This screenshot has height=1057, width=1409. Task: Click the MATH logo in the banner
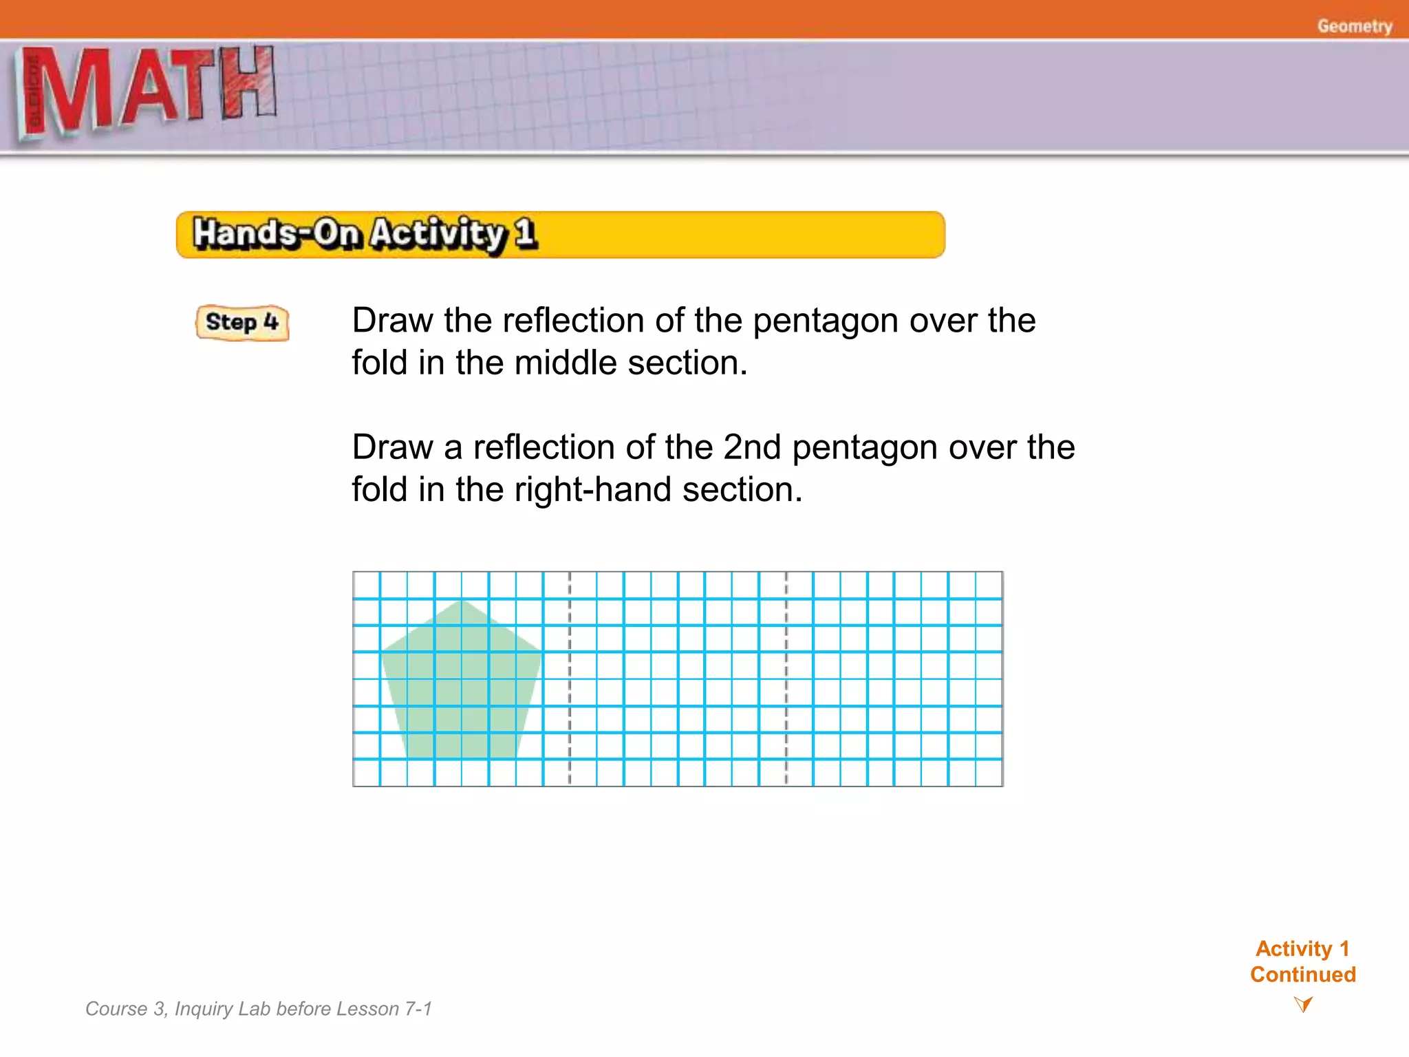click(148, 89)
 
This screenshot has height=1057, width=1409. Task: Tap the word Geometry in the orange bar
click(1354, 26)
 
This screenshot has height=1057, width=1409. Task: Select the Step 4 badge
click(242, 322)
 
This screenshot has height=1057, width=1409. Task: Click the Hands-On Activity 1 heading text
click(364, 234)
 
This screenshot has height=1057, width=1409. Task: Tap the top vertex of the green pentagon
click(461, 601)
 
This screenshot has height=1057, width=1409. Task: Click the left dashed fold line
click(570, 679)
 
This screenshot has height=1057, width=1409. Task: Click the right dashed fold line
click(786, 679)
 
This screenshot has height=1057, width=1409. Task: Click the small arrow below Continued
click(1302, 1004)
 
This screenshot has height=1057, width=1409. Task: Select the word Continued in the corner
click(1302, 974)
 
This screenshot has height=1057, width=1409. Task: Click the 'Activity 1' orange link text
click(1302, 948)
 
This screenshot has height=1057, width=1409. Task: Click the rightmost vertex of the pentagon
click(541, 652)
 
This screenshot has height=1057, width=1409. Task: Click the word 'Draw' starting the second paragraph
click(392, 447)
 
